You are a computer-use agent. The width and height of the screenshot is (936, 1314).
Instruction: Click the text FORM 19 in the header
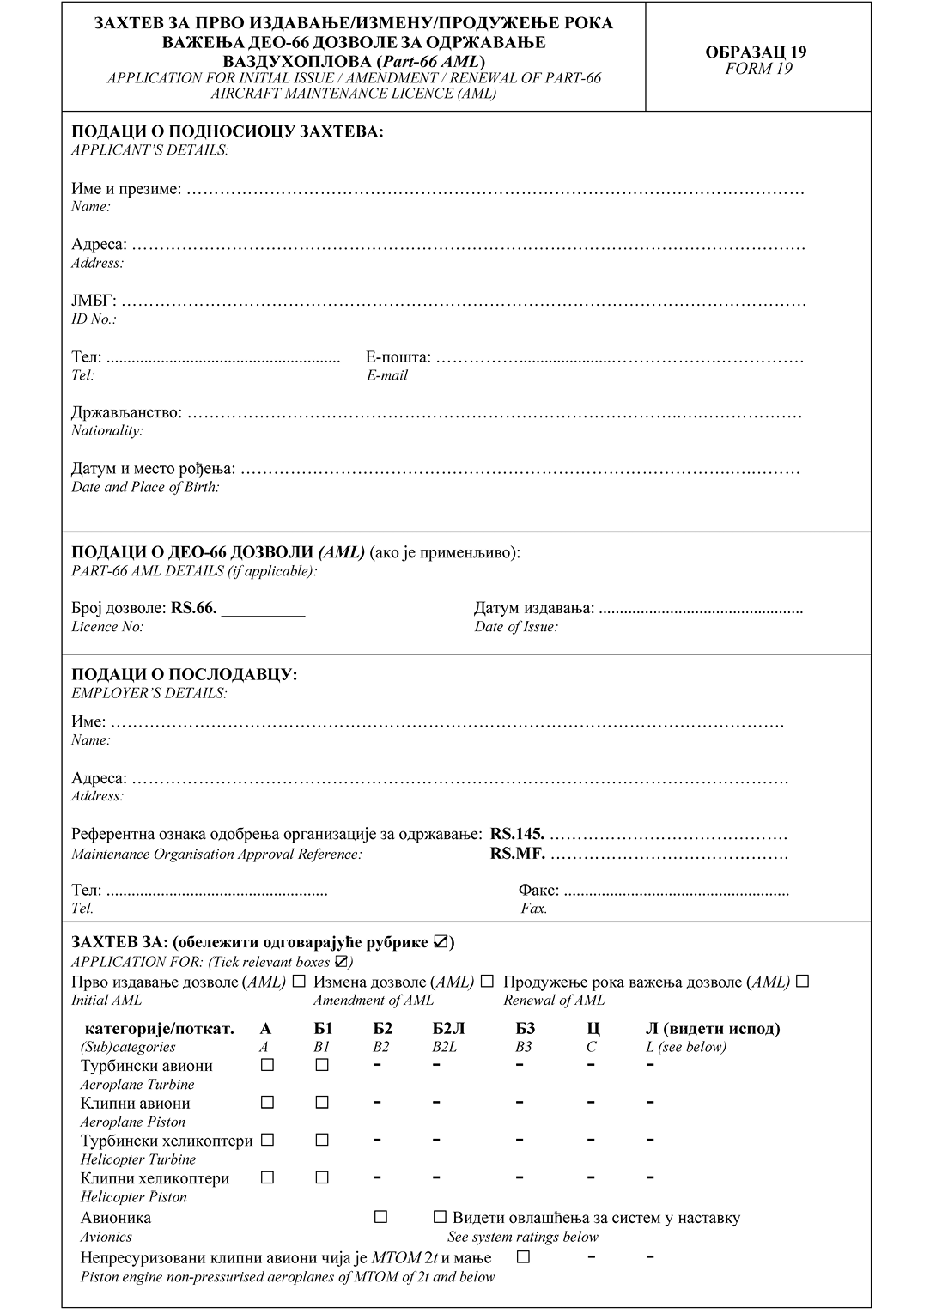(x=758, y=69)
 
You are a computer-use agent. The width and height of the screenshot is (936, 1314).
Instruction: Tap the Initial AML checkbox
(x=299, y=981)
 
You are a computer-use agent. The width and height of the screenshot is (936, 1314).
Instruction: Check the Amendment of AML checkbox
(x=487, y=981)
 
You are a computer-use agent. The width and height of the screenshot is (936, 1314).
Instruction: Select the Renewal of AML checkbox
(x=803, y=981)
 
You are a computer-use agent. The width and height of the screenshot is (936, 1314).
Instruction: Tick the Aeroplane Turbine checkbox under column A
(x=267, y=1065)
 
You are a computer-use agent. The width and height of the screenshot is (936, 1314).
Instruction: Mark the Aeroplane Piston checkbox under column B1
(x=322, y=1102)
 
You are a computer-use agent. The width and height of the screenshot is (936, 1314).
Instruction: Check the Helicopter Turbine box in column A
(x=267, y=1140)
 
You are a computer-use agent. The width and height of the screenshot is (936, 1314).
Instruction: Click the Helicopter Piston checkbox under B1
(x=322, y=1177)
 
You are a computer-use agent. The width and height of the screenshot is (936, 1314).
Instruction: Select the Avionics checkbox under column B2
(x=381, y=1217)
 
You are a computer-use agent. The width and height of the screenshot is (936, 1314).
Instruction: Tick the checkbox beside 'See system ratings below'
(x=441, y=1217)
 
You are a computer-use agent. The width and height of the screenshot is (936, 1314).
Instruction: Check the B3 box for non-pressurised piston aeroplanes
(x=523, y=1257)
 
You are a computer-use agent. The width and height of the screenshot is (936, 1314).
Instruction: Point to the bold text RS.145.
(x=517, y=834)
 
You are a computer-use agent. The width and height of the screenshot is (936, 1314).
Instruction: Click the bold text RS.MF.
(x=517, y=854)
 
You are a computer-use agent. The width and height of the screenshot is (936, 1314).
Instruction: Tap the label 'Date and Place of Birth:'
(x=145, y=487)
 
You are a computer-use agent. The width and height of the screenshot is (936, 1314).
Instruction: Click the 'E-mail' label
(x=387, y=375)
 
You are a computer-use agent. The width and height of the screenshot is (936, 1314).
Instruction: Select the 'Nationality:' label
(x=107, y=430)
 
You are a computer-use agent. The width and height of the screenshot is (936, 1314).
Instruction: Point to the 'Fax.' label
(x=534, y=908)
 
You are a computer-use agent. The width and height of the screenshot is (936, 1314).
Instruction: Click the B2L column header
(x=449, y=1029)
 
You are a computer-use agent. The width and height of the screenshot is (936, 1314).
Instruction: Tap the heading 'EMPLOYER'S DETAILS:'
(x=149, y=693)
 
